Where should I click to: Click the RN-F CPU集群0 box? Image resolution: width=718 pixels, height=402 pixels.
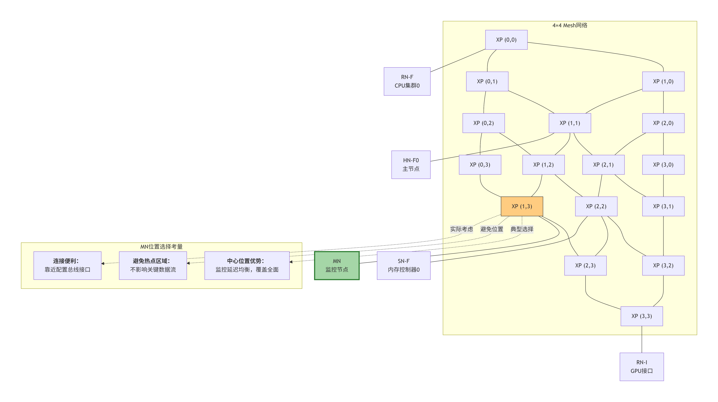[407, 81]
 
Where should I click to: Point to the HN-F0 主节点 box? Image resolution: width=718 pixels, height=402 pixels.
[411, 165]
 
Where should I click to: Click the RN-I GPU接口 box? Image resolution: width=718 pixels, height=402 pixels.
[642, 367]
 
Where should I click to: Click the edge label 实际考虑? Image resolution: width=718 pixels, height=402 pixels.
[462, 229]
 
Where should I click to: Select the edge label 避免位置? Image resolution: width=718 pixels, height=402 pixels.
[492, 229]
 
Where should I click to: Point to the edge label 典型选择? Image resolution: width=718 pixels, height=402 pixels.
[522, 229]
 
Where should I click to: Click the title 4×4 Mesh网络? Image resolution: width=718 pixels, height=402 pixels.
[570, 25]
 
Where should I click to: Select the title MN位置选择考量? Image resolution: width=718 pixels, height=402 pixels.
[161, 247]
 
